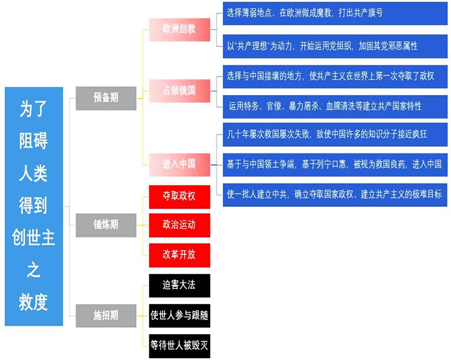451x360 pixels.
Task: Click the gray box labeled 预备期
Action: point(106,98)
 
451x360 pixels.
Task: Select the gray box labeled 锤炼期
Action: point(106,225)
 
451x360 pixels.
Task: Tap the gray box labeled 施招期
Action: point(106,316)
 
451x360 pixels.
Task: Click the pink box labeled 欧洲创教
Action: point(180,30)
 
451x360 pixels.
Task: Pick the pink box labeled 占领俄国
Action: point(180,91)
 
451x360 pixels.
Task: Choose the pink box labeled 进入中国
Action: point(180,165)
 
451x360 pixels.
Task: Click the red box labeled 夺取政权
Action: point(180,197)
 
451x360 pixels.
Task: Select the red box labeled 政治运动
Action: point(180,225)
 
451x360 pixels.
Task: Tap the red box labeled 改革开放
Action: point(180,255)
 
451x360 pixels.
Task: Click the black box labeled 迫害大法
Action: point(180,286)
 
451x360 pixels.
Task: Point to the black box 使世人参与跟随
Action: point(180,316)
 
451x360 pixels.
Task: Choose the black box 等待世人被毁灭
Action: point(180,346)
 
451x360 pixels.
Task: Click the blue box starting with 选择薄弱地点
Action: point(335,14)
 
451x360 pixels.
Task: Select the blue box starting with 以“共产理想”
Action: point(335,46)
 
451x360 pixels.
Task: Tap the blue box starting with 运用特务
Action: point(335,107)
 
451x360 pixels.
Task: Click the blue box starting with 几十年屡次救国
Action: point(335,135)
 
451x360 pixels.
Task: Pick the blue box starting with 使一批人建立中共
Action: point(335,195)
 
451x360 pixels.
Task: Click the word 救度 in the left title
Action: point(33,302)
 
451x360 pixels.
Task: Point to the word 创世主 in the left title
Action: point(33,237)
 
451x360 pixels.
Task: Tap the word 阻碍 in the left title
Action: point(33,141)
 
